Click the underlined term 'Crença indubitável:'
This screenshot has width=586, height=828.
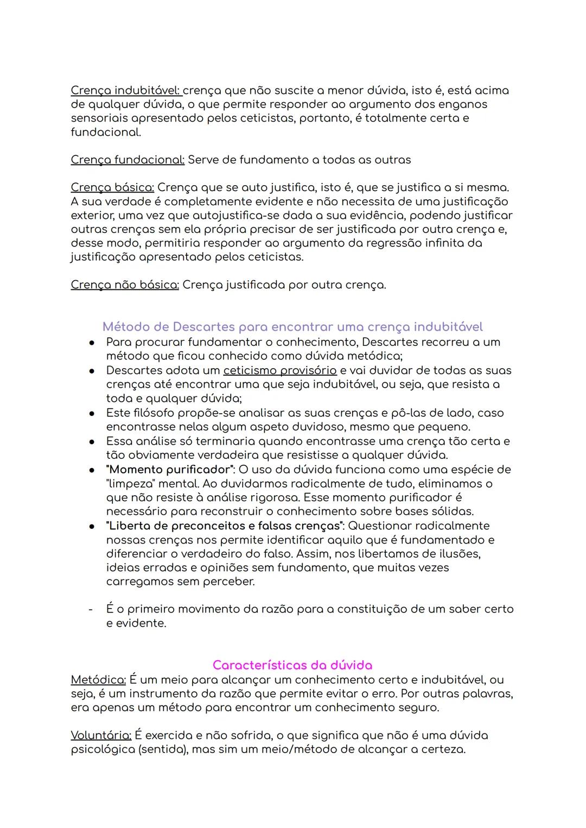pos(126,91)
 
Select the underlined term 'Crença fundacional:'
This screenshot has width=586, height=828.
pos(128,160)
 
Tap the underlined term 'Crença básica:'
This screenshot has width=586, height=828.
pos(112,188)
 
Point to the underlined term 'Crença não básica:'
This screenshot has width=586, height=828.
pos(125,285)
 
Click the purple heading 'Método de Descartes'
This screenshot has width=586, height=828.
pos(292,327)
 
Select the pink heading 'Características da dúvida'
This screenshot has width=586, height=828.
pos(292,665)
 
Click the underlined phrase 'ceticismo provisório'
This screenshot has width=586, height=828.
pos(280,370)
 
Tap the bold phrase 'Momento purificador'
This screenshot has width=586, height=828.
pos(170,470)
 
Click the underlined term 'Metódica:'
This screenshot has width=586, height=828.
pos(98,680)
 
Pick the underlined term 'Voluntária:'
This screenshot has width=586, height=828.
pos(101,736)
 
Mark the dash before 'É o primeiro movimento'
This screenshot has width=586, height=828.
pos(91,610)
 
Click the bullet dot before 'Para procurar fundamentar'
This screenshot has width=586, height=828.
pos(92,343)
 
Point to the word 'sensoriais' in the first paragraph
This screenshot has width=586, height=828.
pos(101,118)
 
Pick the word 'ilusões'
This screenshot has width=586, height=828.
pos(460,554)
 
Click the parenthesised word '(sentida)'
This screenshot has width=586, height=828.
pos(157,750)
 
